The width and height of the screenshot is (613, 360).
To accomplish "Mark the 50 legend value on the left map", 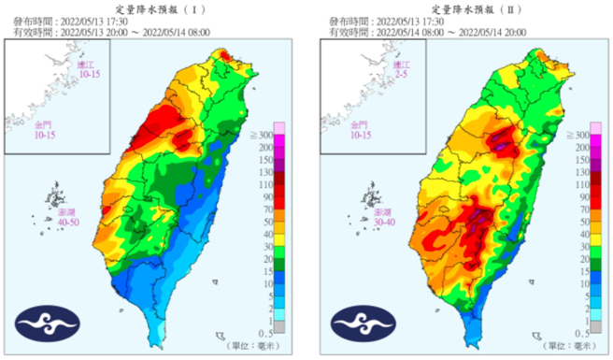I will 288,222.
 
